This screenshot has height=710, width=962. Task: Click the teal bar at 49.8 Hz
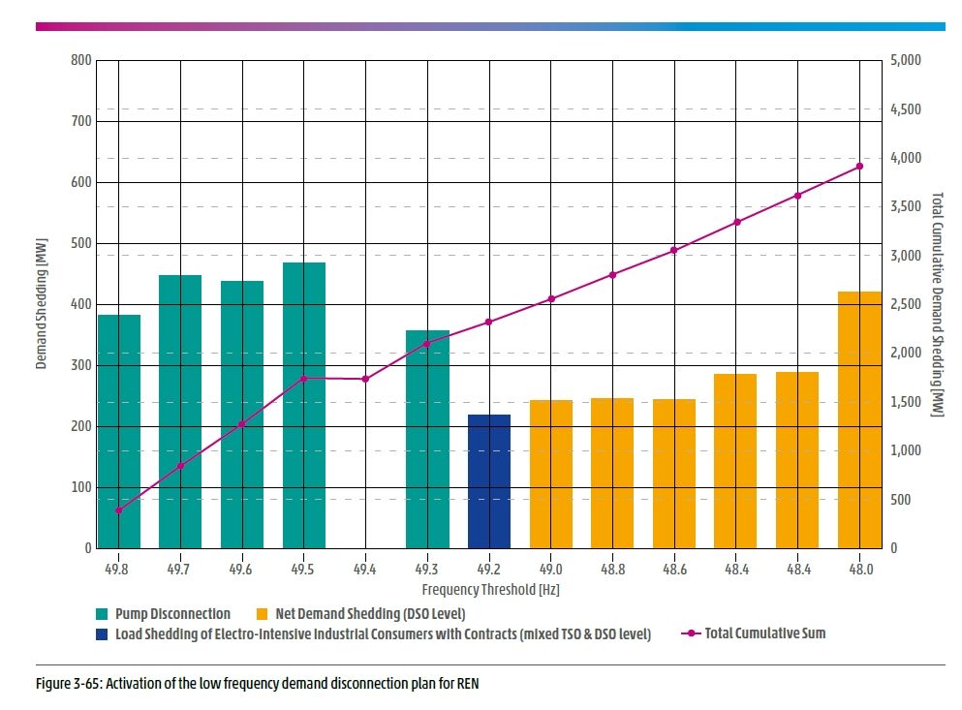point(118,431)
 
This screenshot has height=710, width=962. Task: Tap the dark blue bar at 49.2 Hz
point(489,481)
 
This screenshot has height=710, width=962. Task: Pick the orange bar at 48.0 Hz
point(859,419)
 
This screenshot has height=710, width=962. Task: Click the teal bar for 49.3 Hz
point(427,439)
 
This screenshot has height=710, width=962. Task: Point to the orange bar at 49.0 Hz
point(551,474)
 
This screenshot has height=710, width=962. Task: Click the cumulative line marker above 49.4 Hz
point(365,379)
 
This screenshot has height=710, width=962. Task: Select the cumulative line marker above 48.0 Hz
point(859,167)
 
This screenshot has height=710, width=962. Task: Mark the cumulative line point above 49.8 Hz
point(118,510)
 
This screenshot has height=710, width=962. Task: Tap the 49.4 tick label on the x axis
point(365,569)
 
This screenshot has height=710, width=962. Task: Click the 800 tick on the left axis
point(80,60)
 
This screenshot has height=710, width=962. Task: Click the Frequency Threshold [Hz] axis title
point(491,589)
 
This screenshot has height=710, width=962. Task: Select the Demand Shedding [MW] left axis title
point(42,304)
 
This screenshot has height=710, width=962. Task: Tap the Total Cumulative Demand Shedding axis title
point(937,304)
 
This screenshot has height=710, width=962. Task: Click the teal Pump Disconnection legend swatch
point(102,614)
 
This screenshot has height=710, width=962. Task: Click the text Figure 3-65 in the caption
point(64,684)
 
